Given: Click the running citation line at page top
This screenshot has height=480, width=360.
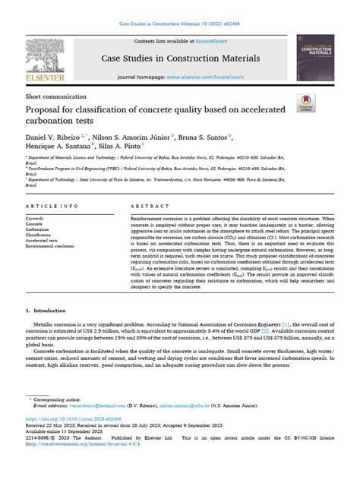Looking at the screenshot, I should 179,5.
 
